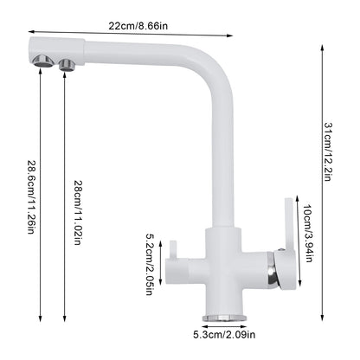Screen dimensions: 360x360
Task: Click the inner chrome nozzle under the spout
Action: [x=67, y=61]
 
